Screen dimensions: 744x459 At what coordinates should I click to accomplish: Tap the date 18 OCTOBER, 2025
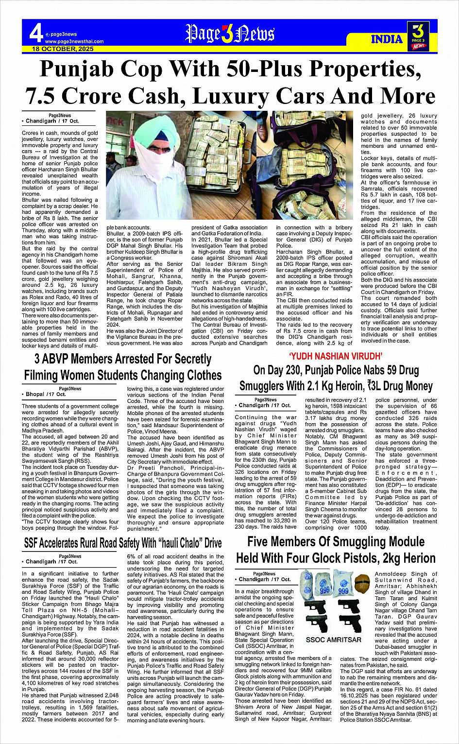tap(63, 49)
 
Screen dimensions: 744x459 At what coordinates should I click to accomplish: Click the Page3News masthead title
tap(230, 34)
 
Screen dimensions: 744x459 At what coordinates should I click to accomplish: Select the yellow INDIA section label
tap(387, 39)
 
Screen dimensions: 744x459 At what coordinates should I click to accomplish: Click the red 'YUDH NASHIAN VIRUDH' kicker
tap(336, 356)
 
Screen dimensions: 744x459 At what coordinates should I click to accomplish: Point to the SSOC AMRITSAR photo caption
tap(334, 640)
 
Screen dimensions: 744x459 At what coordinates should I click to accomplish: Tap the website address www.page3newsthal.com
tap(74, 41)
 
